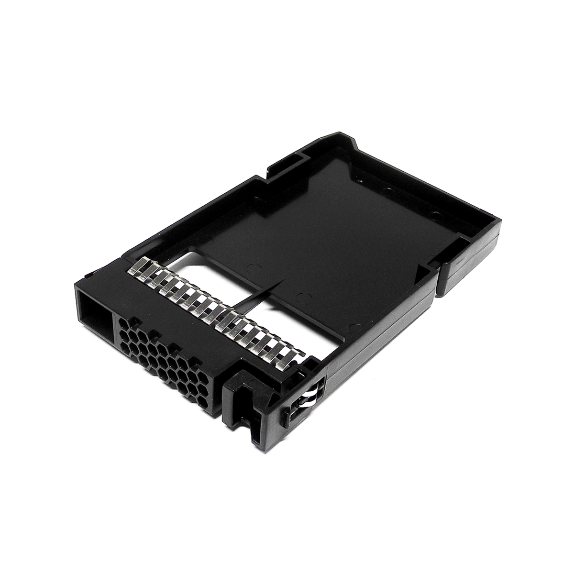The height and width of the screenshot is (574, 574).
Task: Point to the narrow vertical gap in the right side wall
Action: tap(439, 277)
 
